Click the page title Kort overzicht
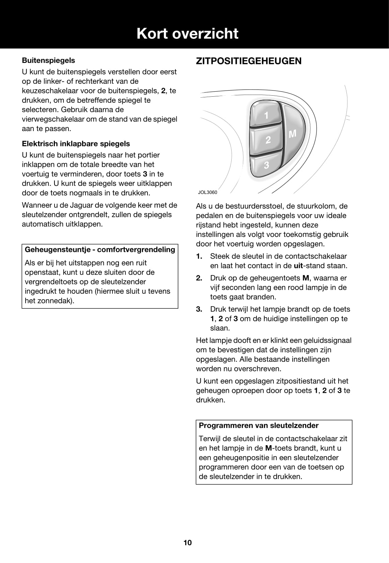(187, 34)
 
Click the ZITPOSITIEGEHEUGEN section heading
(249, 61)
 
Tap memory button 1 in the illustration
(266, 115)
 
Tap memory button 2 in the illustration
(268, 140)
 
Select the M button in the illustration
(293, 134)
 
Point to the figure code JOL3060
(207, 192)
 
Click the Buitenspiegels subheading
(48, 60)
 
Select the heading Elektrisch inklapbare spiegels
(76, 144)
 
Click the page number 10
(188, 543)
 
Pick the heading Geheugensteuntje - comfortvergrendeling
(100, 250)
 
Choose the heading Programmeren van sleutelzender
(259, 425)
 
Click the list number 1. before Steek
(199, 256)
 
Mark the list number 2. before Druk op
(199, 278)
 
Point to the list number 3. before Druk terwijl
(199, 309)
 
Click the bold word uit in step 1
(298, 266)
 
